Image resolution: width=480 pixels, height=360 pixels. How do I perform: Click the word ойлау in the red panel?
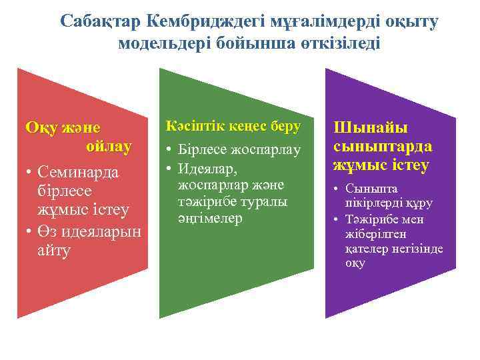point(109,145)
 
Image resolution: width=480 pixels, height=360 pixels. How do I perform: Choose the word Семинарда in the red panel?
point(78,172)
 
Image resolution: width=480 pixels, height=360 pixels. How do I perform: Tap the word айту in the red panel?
point(56,251)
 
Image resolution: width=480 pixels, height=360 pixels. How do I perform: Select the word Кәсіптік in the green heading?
point(195,126)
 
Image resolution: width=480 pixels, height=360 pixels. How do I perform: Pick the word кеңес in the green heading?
point(247,126)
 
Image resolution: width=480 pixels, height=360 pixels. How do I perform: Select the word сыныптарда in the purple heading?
point(382,145)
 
